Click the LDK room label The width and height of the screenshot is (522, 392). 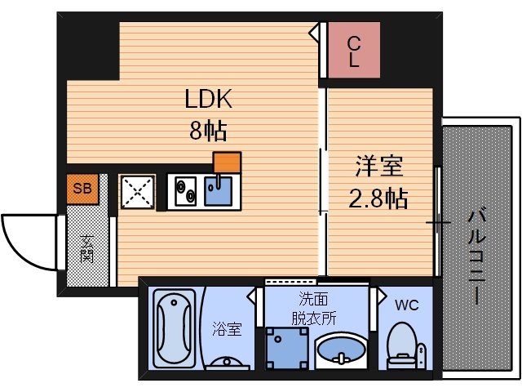point(208,100)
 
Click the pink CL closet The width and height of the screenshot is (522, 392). point(355,51)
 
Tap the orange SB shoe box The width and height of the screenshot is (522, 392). point(82,189)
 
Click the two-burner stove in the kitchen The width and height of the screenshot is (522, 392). point(185,192)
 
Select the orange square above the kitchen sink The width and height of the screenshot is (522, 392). point(227,162)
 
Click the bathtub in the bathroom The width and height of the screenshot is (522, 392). point(174,329)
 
